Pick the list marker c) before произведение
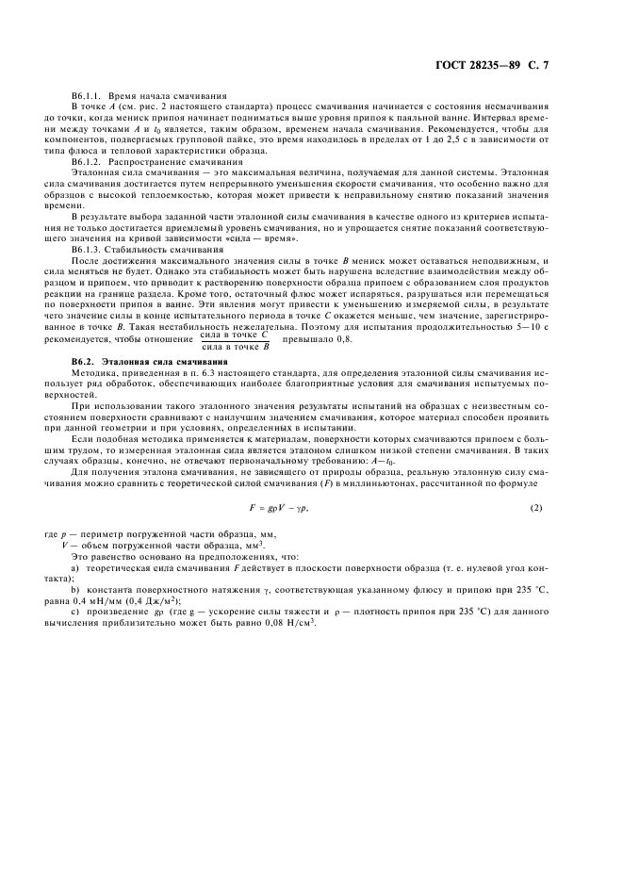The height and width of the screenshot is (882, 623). pyautogui.click(x=75, y=612)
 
